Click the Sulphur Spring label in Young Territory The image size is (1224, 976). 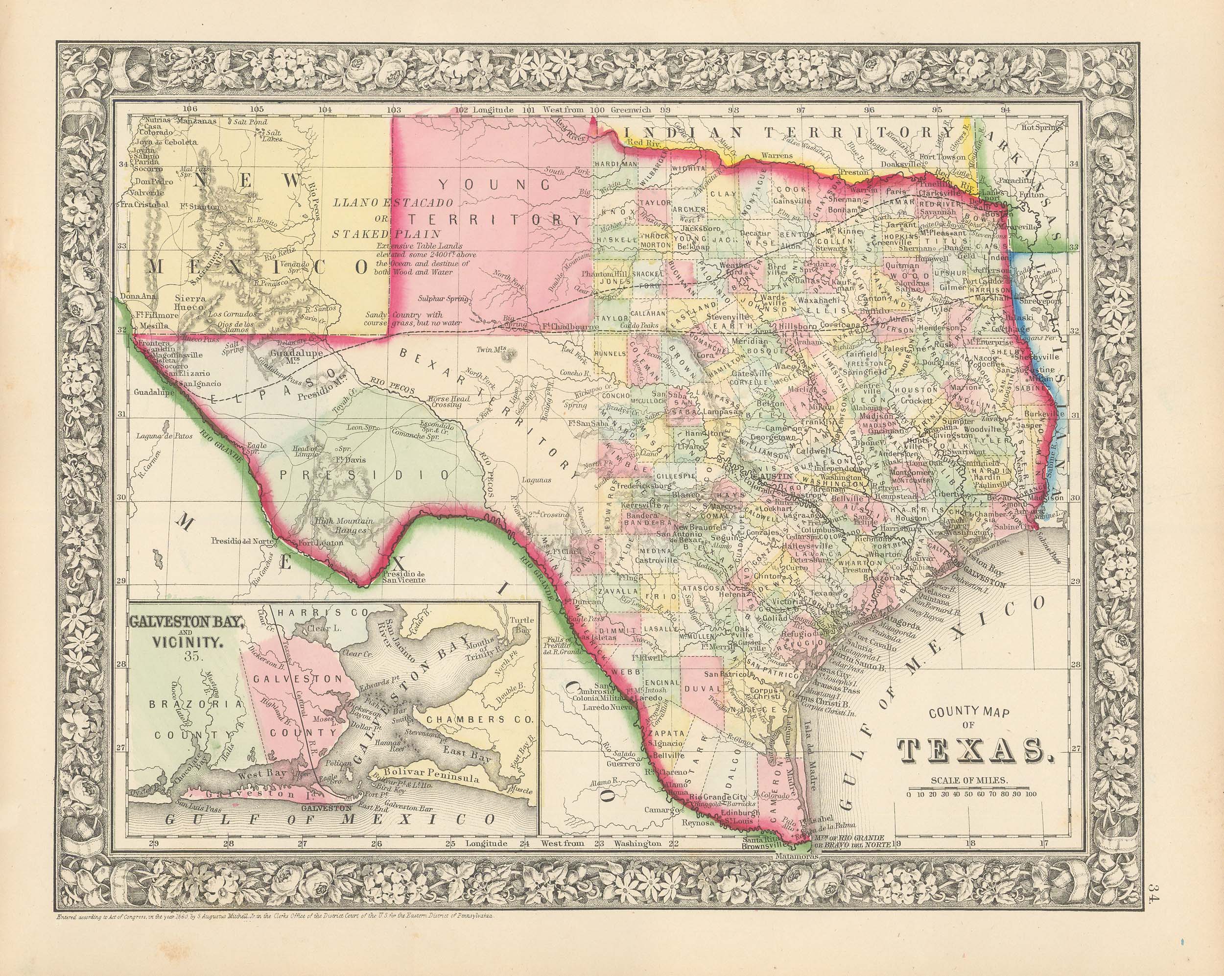[443, 298]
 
